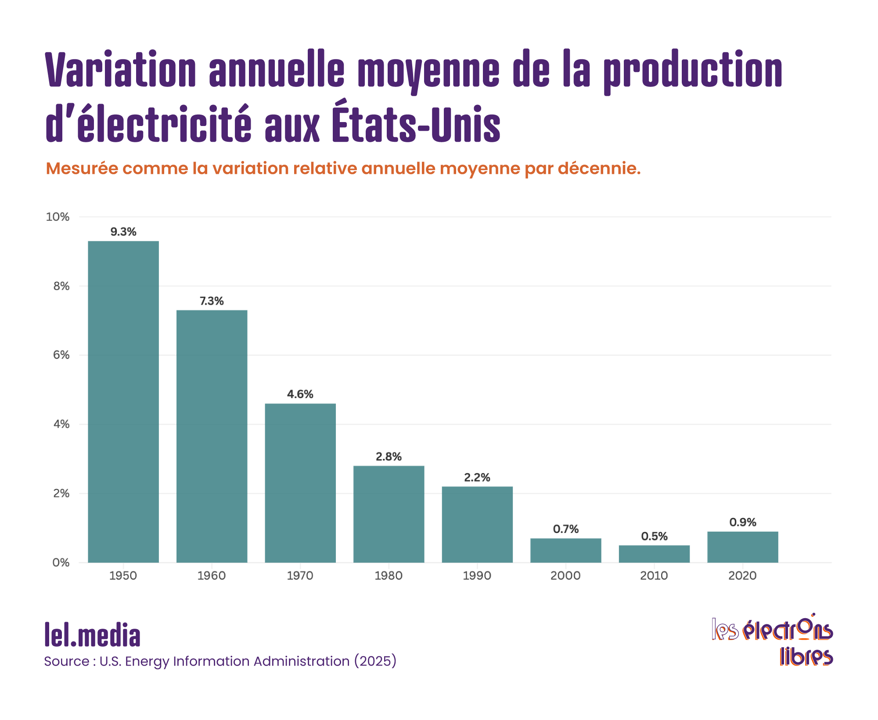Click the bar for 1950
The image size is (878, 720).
pos(123,402)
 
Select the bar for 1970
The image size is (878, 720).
pos(300,483)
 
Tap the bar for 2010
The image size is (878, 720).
pos(654,554)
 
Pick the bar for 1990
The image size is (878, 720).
pos(477,524)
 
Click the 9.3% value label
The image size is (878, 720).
pos(123,232)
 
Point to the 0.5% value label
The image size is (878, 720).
pos(654,536)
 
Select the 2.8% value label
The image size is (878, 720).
pos(389,457)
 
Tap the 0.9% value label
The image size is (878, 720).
pos(743,522)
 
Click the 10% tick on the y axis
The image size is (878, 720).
pos(58,217)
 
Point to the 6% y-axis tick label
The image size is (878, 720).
pos(61,355)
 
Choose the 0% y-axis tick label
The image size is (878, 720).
pos(61,562)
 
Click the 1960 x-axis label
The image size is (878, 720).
pos(212,576)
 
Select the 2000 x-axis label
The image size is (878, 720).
pos(565,576)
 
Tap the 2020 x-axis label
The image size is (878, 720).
pos(742,576)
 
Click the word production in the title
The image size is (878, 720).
pos(693,70)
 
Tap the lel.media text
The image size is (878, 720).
pos(93,635)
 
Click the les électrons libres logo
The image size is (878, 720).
pos(772,641)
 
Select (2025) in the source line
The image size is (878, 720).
pos(375,661)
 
